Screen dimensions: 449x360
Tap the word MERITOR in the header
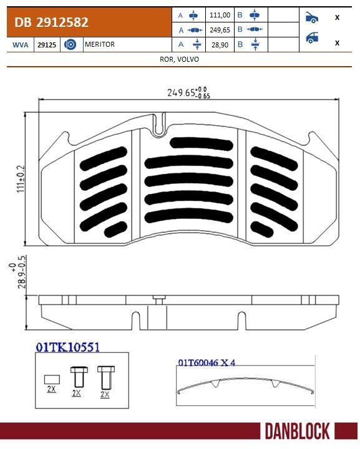click(x=99, y=45)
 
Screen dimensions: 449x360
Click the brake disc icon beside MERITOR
click(x=70, y=45)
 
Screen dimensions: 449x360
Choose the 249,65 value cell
click(x=221, y=30)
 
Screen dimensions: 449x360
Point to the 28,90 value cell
click(x=221, y=44)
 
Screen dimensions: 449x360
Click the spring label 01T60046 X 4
click(x=206, y=362)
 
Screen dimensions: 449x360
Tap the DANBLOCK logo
click(x=298, y=431)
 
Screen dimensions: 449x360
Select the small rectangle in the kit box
click(x=51, y=378)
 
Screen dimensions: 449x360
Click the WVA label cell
click(x=20, y=45)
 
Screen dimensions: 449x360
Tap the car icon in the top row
click(x=311, y=17)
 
